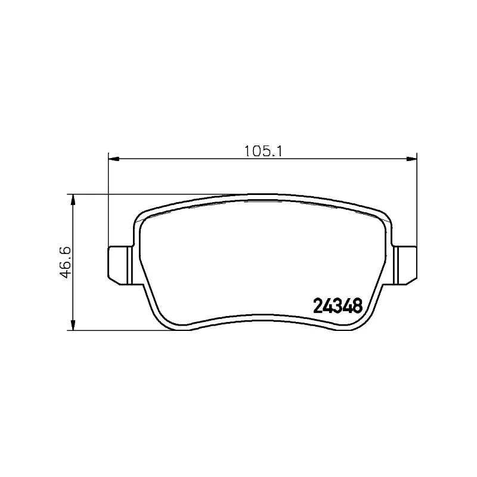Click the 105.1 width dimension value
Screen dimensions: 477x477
coord(264,151)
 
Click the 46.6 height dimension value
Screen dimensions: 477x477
coord(66,262)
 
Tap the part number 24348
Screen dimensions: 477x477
coord(338,305)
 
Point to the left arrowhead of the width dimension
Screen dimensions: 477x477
coord(113,159)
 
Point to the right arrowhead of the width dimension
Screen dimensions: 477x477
coord(411,159)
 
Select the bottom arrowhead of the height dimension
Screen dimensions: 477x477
coord(73,325)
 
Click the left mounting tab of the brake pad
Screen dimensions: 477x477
coord(120,265)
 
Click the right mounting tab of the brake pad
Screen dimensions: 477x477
coord(405,265)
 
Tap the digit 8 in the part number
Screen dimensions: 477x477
coord(358,305)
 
